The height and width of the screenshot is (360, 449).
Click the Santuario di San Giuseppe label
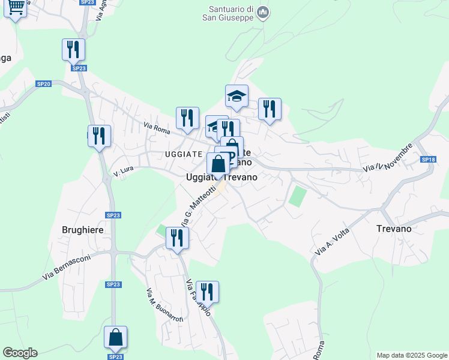click(x=230, y=13)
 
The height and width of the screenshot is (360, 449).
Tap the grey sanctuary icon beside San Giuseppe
click(x=263, y=13)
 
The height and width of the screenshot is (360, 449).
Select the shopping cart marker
click(x=16, y=8)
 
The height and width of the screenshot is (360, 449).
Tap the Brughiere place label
click(x=83, y=229)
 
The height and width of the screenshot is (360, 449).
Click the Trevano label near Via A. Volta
click(x=394, y=229)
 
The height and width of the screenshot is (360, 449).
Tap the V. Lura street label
click(x=123, y=172)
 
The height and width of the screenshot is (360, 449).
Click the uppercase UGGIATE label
click(x=183, y=154)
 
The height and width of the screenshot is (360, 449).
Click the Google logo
click(x=20, y=353)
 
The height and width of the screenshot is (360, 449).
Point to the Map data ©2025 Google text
click(x=412, y=355)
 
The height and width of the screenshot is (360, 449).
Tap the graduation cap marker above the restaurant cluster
click(x=237, y=95)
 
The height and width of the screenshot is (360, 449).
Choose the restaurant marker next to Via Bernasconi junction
click(x=177, y=238)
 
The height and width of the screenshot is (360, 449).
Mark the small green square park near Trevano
click(x=298, y=196)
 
